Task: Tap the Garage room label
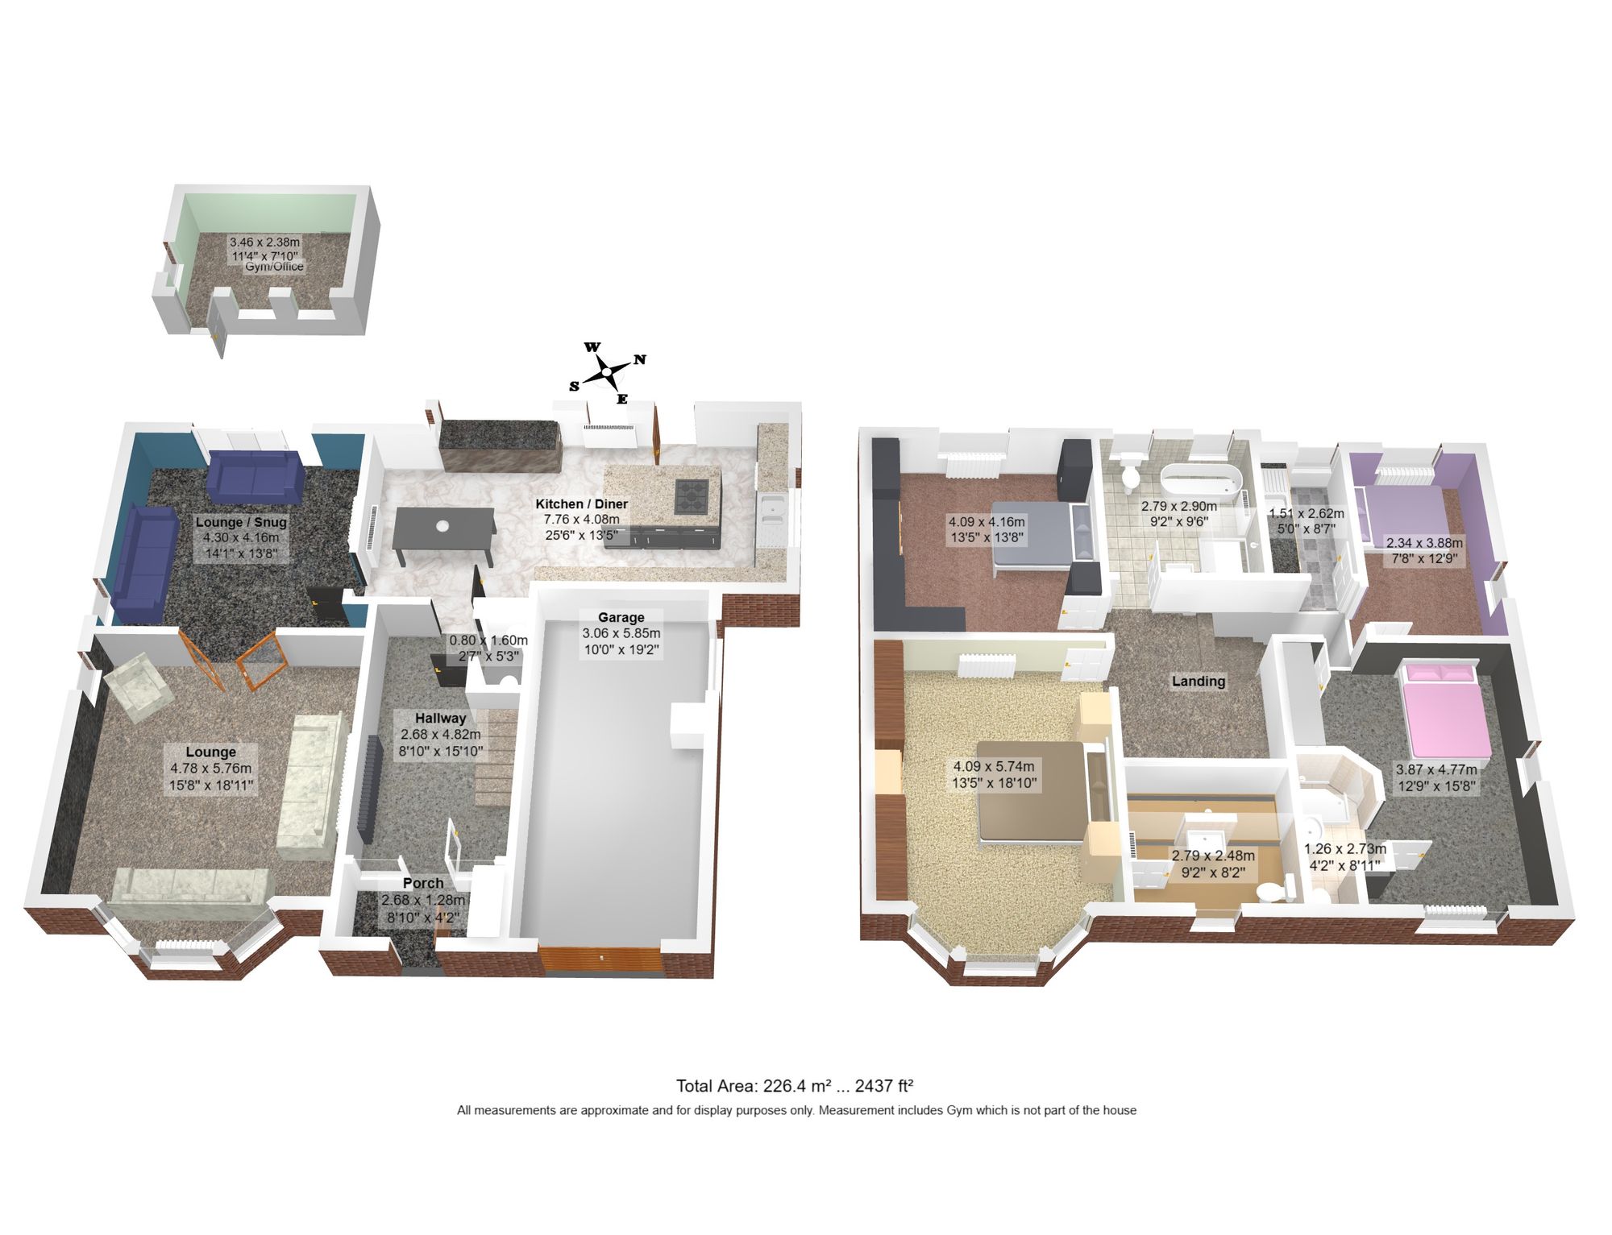621,617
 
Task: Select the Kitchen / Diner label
581,504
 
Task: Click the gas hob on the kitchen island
692,495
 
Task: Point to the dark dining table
443,528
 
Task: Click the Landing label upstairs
1198,681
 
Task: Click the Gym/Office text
274,267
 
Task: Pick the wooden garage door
600,960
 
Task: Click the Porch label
423,883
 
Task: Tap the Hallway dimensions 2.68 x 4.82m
440,734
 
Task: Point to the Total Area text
794,1085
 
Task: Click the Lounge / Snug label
241,521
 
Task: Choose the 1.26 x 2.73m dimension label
1344,848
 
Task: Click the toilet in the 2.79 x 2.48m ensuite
1269,892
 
